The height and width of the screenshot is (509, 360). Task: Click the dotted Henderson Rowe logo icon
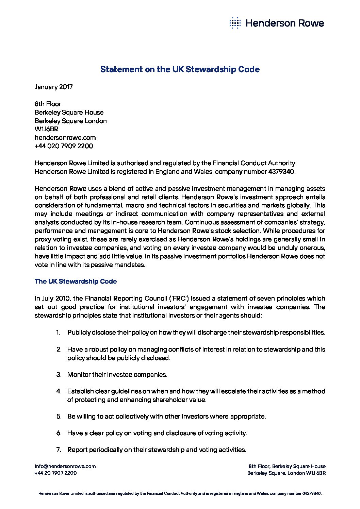coord(235,23)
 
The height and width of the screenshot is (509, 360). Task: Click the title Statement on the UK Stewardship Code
coord(180,69)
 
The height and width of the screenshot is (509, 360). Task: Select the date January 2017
coord(53,87)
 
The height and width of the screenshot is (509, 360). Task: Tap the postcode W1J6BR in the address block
coord(46,129)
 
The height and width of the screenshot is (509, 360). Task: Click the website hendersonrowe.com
coord(65,138)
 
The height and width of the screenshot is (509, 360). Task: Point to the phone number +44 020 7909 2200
coord(64,146)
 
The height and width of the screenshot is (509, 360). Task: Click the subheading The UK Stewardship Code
coord(76,282)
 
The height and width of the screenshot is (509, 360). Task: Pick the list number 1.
coord(58,333)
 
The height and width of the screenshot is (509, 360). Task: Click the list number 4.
coord(59,391)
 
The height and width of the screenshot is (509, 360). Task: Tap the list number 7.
coord(59,450)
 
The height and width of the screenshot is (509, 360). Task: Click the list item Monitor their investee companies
coord(117,375)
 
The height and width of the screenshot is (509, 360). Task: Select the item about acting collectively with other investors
coord(166,417)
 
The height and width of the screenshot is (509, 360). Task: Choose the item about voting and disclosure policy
coord(157,433)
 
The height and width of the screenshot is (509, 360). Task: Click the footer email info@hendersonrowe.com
coord(65,466)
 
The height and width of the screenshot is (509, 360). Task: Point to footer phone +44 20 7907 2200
coord(55,473)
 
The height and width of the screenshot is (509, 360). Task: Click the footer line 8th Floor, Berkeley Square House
coord(287,466)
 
